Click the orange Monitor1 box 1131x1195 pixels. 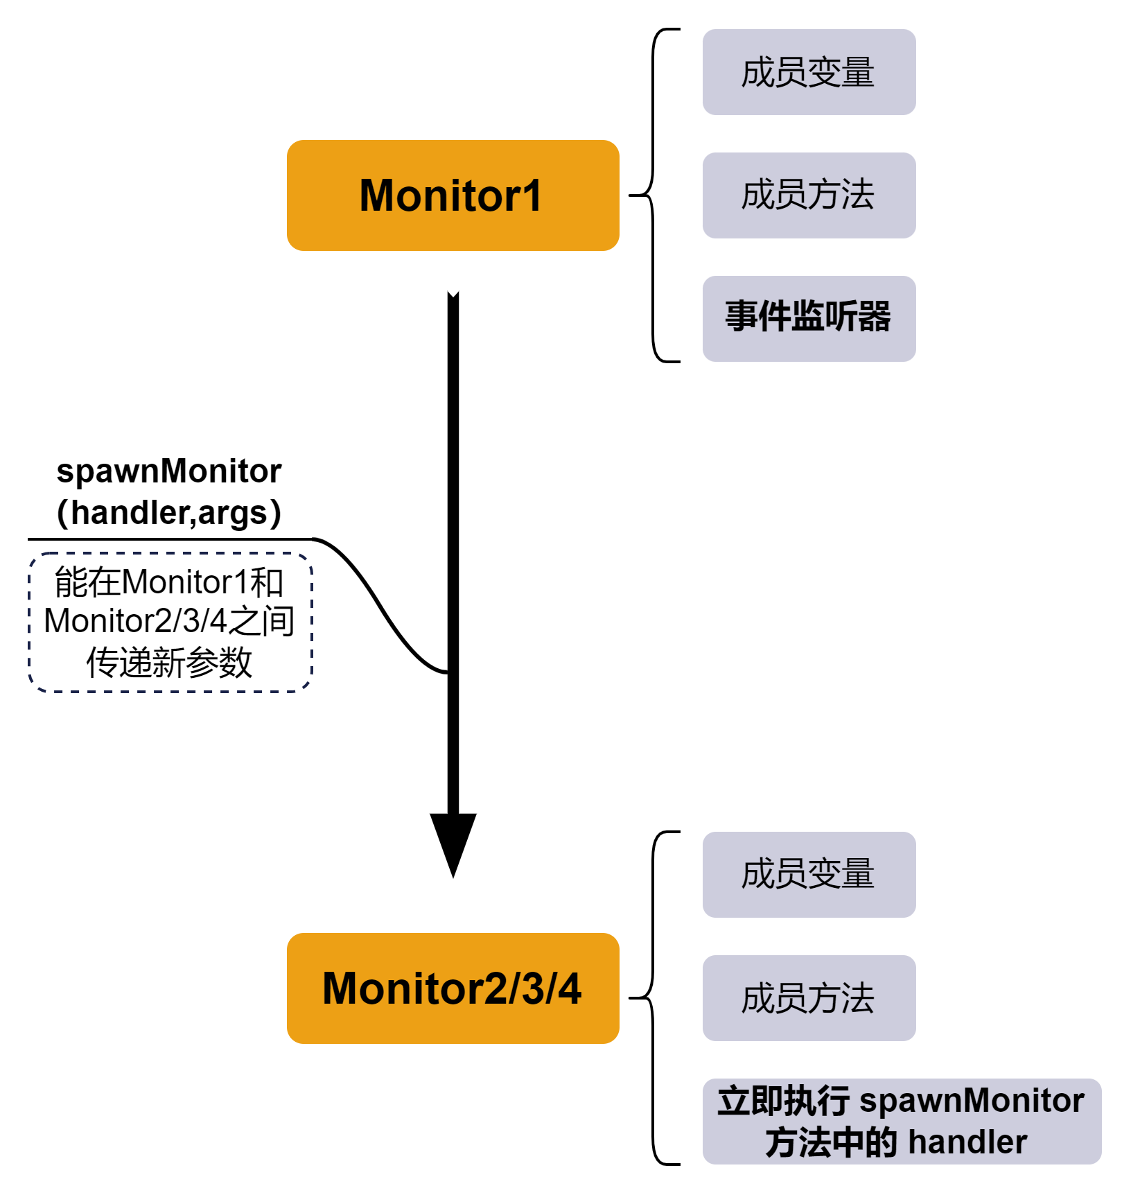point(453,195)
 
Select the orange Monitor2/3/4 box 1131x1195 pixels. point(453,988)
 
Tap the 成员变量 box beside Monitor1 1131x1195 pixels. point(809,72)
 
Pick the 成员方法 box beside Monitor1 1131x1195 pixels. point(809,195)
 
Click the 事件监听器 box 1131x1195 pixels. point(809,318)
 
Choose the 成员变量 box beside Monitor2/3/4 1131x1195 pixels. point(809,874)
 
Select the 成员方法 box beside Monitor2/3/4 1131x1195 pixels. point(809,997)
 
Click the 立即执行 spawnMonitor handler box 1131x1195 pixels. point(901,1121)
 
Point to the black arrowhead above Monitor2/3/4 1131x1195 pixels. point(453,842)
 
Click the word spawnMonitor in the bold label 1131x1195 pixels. point(169,471)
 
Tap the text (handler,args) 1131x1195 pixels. point(169,513)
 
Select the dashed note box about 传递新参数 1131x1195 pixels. point(170,622)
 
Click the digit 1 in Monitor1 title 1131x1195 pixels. point(533,195)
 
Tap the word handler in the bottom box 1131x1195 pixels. point(967,1142)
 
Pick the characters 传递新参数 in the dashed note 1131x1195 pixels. point(169,663)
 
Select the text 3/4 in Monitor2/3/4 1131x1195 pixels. point(551,988)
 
